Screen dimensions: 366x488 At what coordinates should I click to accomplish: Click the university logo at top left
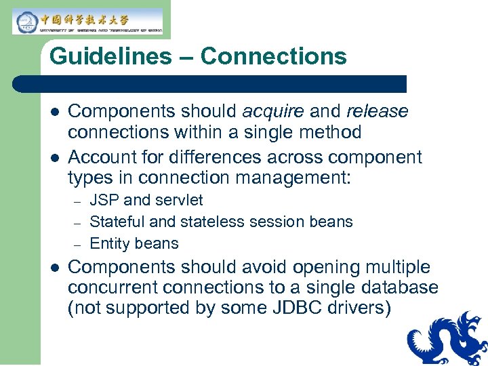pos(87,21)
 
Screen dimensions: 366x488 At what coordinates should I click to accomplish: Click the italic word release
pos(377,111)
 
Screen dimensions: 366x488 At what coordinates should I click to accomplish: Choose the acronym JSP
pos(104,201)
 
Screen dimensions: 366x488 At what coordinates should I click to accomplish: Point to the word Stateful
pos(117,222)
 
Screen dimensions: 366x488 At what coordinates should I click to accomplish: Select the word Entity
pos(109,243)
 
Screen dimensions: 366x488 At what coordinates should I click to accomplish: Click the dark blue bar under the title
pos(210,84)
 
